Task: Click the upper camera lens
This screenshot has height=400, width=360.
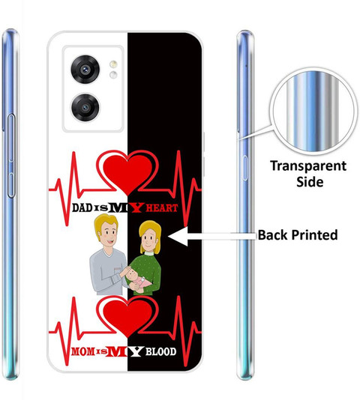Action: pyautogui.click(x=85, y=69)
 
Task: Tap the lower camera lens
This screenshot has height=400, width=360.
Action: pyautogui.click(x=85, y=107)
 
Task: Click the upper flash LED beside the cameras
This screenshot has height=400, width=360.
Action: pyautogui.click(x=113, y=64)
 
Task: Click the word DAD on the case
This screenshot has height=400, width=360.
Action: pyautogui.click(x=82, y=208)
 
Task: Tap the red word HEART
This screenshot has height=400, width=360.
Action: pyautogui.click(x=162, y=208)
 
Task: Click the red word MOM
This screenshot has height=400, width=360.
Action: pyautogui.click(x=82, y=352)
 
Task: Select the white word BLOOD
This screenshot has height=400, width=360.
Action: pyautogui.click(x=161, y=352)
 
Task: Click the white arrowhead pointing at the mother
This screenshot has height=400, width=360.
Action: pyautogui.click(x=178, y=236)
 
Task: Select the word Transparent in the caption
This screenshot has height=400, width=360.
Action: pyautogui.click(x=308, y=166)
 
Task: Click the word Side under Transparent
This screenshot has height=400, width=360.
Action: pyautogui.click(x=310, y=182)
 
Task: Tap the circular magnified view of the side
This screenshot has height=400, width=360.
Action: pyautogui.click(x=313, y=112)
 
